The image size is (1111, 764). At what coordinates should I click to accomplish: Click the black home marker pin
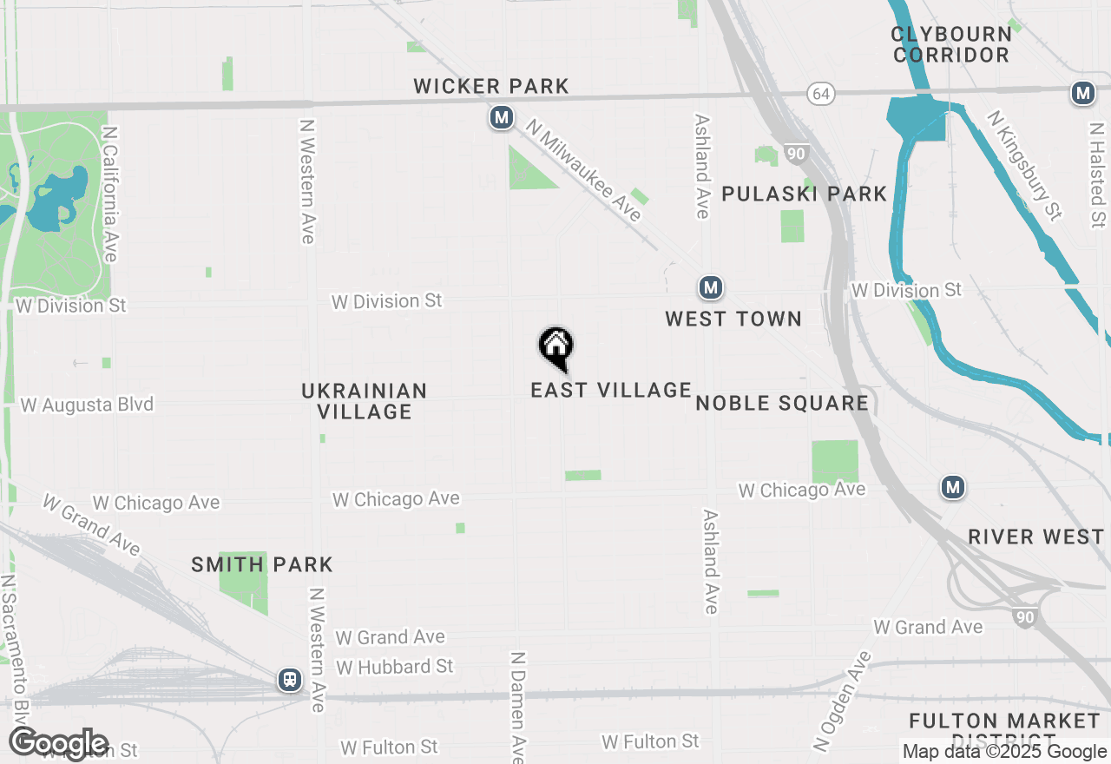pyautogui.click(x=555, y=347)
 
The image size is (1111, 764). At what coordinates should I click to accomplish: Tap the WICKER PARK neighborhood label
pyautogui.click(x=491, y=86)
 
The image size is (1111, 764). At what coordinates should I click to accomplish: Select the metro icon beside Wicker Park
pyautogui.click(x=501, y=117)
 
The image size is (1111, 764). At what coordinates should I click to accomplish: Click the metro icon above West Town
pyautogui.click(x=711, y=287)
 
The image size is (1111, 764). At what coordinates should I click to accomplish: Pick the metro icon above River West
pyautogui.click(x=953, y=488)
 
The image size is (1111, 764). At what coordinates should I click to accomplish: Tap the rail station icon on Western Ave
pyautogui.click(x=290, y=681)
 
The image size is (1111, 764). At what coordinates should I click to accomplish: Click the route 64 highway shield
pyautogui.click(x=820, y=93)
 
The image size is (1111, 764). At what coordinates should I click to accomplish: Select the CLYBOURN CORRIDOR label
pyautogui.click(x=951, y=44)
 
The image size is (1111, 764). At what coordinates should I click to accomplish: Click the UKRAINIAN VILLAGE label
pyautogui.click(x=365, y=401)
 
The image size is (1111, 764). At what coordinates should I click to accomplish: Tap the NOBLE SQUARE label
pyautogui.click(x=782, y=403)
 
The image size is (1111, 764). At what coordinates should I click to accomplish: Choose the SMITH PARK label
pyautogui.click(x=262, y=564)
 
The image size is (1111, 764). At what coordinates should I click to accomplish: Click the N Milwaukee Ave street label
pyautogui.click(x=583, y=172)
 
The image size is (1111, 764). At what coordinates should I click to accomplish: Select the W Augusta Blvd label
pyautogui.click(x=87, y=405)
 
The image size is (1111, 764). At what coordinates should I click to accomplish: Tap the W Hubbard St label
pyautogui.click(x=395, y=667)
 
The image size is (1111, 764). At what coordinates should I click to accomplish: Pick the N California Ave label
pyautogui.click(x=110, y=194)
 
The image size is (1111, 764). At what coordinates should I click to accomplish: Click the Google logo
pyautogui.click(x=59, y=744)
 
